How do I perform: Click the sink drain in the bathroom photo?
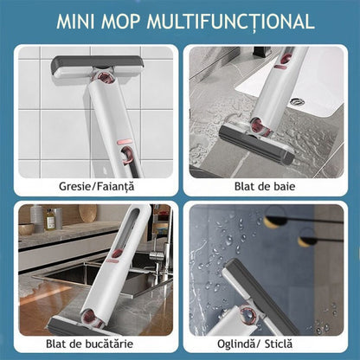(x=298, y=101)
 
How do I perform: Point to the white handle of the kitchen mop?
(x=121, y=251)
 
